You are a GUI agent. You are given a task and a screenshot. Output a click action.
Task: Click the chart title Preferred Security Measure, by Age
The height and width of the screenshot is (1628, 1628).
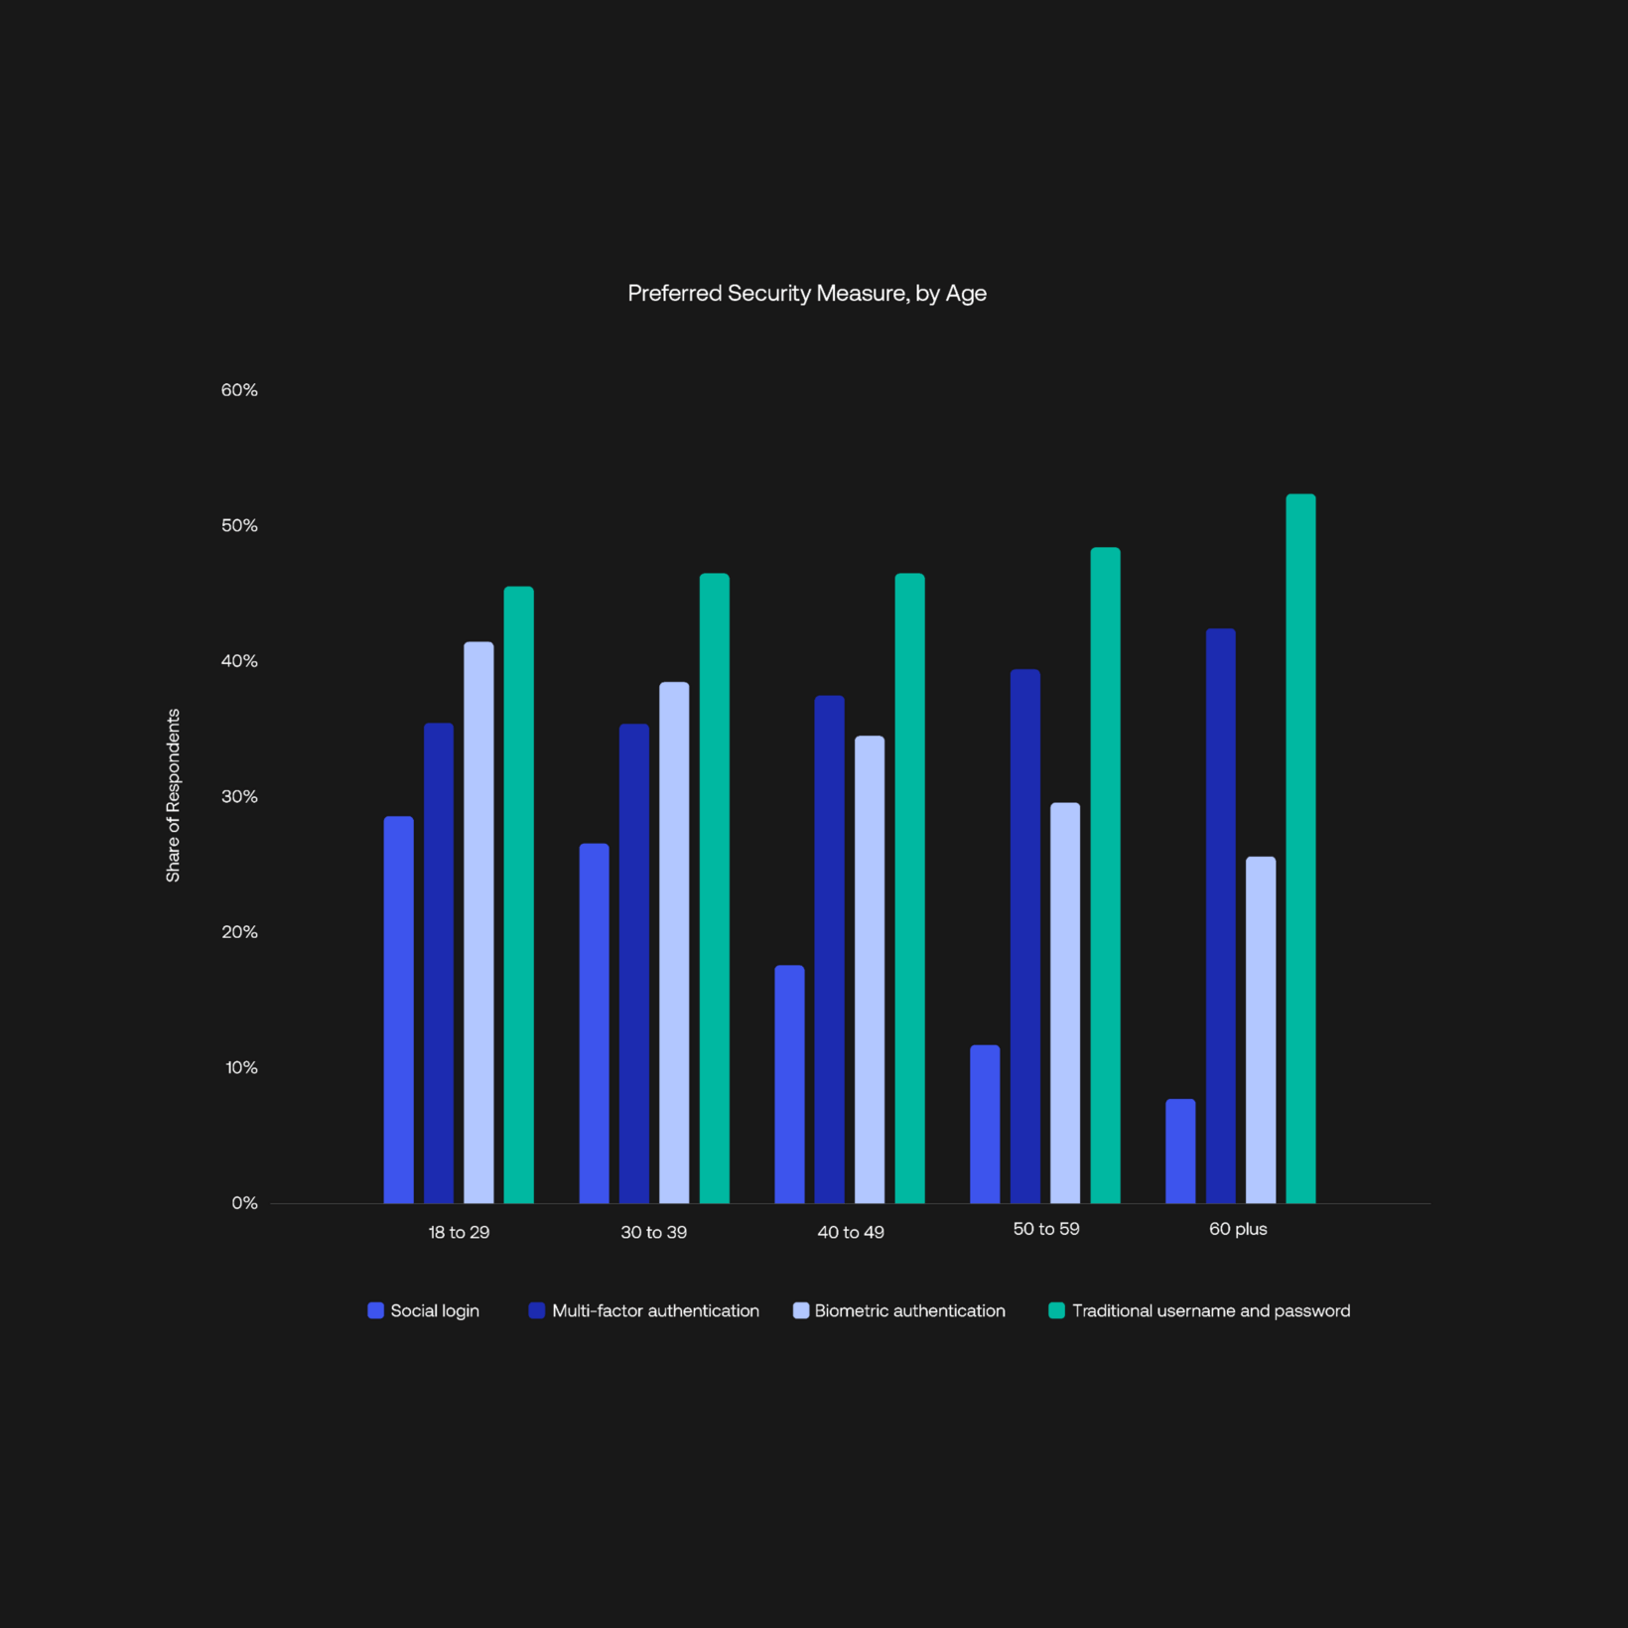coord(806,293)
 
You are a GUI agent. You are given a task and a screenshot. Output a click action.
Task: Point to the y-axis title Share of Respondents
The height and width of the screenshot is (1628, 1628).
coord(173,795)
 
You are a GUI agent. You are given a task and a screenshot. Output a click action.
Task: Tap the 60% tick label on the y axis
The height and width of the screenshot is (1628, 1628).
coord(239,390)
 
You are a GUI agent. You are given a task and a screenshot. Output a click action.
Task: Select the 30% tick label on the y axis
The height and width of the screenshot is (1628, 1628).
coord(239,796)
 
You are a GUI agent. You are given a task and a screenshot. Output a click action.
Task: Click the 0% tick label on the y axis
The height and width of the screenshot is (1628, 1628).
coord(244,1203)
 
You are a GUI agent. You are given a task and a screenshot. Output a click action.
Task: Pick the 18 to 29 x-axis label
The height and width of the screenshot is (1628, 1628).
coord(459,1232)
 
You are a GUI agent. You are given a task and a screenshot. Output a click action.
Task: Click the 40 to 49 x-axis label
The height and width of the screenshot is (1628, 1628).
coord(851,1232)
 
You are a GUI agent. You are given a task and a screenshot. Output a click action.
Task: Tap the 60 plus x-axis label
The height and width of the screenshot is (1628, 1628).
coord(1238,1229)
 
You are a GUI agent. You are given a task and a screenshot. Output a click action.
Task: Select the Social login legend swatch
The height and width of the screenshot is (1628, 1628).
coord(375,1310)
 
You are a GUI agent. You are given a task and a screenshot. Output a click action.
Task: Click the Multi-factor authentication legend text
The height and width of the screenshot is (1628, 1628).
coord(655,1310)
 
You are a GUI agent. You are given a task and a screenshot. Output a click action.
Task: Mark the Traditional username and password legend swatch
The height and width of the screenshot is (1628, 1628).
coord(1056,1310)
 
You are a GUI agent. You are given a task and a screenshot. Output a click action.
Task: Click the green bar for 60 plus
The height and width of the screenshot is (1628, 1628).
coord(1300,849)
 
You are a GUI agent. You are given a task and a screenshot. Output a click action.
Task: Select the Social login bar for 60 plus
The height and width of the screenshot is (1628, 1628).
coord(1180,1152)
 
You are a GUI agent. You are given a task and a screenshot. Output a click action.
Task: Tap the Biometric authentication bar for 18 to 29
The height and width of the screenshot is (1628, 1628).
coord(478,922)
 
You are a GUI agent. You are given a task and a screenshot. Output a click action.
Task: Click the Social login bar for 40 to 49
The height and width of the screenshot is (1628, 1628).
coord(790,1084)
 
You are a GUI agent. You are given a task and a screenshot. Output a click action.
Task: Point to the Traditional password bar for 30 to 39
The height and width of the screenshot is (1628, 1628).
coord(714,888)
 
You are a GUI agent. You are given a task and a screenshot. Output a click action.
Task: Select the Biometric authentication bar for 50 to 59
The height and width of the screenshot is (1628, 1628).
coord(1065,1003)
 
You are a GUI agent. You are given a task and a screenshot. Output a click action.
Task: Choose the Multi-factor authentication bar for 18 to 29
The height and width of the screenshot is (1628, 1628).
coord(439,963)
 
